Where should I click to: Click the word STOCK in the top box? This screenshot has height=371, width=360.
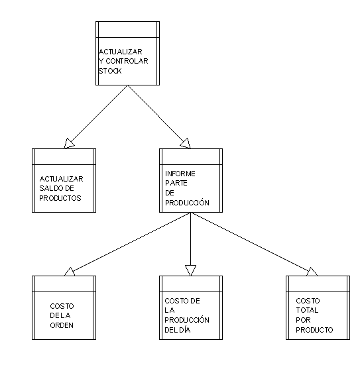tap(110, 71)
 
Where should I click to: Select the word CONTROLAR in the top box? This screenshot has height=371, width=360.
tap(127, 61)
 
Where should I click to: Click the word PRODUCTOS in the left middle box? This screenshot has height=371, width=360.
tap(60, 198)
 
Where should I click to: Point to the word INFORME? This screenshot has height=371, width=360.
tap(180, 174)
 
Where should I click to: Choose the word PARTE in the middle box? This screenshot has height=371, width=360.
tap(176, 183)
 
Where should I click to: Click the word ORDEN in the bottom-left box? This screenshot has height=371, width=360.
tap(62, 325)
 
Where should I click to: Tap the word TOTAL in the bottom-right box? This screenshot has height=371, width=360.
tap(307, 310)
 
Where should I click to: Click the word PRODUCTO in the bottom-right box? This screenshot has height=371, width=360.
tap(314, 330)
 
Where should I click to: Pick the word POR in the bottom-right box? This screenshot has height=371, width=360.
tap(303, 320)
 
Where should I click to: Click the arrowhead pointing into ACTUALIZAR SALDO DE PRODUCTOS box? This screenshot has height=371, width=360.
tap(69, 143)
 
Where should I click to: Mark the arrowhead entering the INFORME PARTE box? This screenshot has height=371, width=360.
tap(186, 143)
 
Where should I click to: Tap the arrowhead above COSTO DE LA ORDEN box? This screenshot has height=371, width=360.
tap(70, 272)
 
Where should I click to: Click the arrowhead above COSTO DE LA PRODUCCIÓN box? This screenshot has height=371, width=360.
tap(190, 270)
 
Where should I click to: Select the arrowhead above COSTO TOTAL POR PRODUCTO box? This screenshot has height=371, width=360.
tap(312, 272)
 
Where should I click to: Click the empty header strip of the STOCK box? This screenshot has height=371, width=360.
tap(127, 29)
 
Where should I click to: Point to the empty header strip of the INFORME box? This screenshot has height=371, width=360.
tap(191, 156)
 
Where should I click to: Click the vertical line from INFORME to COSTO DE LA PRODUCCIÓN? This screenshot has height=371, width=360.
tap(190, 239)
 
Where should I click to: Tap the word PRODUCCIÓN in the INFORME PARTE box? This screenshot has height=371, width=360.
tap(187, 203)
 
